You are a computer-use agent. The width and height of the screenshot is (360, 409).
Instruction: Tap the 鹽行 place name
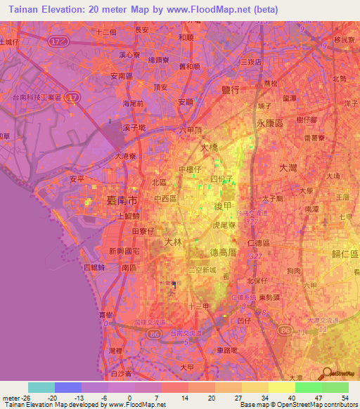[231, 89]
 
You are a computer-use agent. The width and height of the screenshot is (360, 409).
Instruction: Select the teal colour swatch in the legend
[41, 387]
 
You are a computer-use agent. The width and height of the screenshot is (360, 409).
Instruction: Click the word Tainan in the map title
[27, 10]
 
